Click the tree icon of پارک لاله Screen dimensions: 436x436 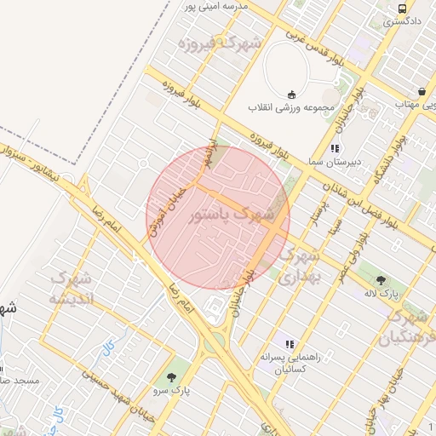pyautogui.click(x=380, y=280)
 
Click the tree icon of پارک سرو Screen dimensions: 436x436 pyautogui.click(x=174, y=376)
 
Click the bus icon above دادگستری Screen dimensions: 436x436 pyautogui.click(x=401, y=9)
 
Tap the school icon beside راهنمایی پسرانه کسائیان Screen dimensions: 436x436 pyautogui.click(x=290, y=344)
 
